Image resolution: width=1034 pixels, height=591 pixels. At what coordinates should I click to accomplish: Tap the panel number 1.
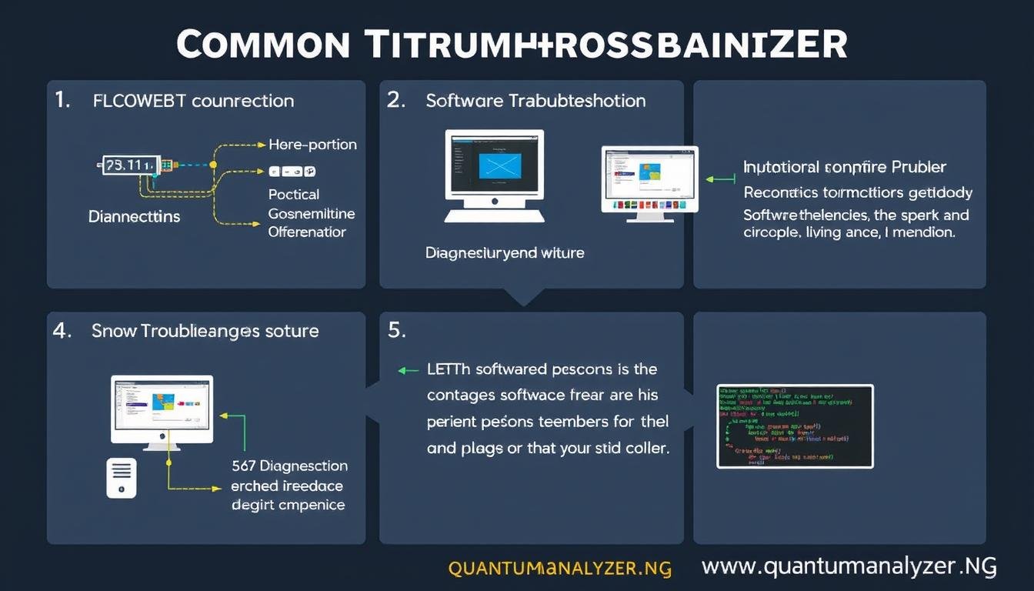tap(62, 101)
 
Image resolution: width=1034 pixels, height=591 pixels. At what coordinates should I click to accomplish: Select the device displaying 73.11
tap(132, 165)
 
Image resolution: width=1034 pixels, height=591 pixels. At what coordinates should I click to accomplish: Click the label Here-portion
tap(312, 145)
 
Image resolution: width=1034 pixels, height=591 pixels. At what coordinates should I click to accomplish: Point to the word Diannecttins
tap(134, 216)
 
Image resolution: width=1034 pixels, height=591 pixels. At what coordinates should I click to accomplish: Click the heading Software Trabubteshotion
tap(535, 101)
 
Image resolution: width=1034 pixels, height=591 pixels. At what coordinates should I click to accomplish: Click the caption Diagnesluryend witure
tap(505, 252)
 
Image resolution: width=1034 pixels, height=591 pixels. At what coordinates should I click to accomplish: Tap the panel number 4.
tap(62, 331)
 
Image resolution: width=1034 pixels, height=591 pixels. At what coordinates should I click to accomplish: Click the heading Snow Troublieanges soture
tap(205, 331)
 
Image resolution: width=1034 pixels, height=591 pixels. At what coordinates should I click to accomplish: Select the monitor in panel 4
tap(162, 410)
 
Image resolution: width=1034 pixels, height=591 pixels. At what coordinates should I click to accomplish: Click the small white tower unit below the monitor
tap(122, 477)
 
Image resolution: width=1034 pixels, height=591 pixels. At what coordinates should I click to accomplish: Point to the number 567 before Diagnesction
tap(244, 466)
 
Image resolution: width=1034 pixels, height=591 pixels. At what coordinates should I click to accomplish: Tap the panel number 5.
tap(396, 331)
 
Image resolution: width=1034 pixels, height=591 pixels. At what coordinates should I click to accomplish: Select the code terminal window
tap(795, 426)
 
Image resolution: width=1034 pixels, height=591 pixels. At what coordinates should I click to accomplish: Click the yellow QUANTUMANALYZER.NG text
tap(559, 569)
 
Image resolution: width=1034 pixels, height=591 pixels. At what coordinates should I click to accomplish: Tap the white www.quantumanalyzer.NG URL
tap(849, 568)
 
